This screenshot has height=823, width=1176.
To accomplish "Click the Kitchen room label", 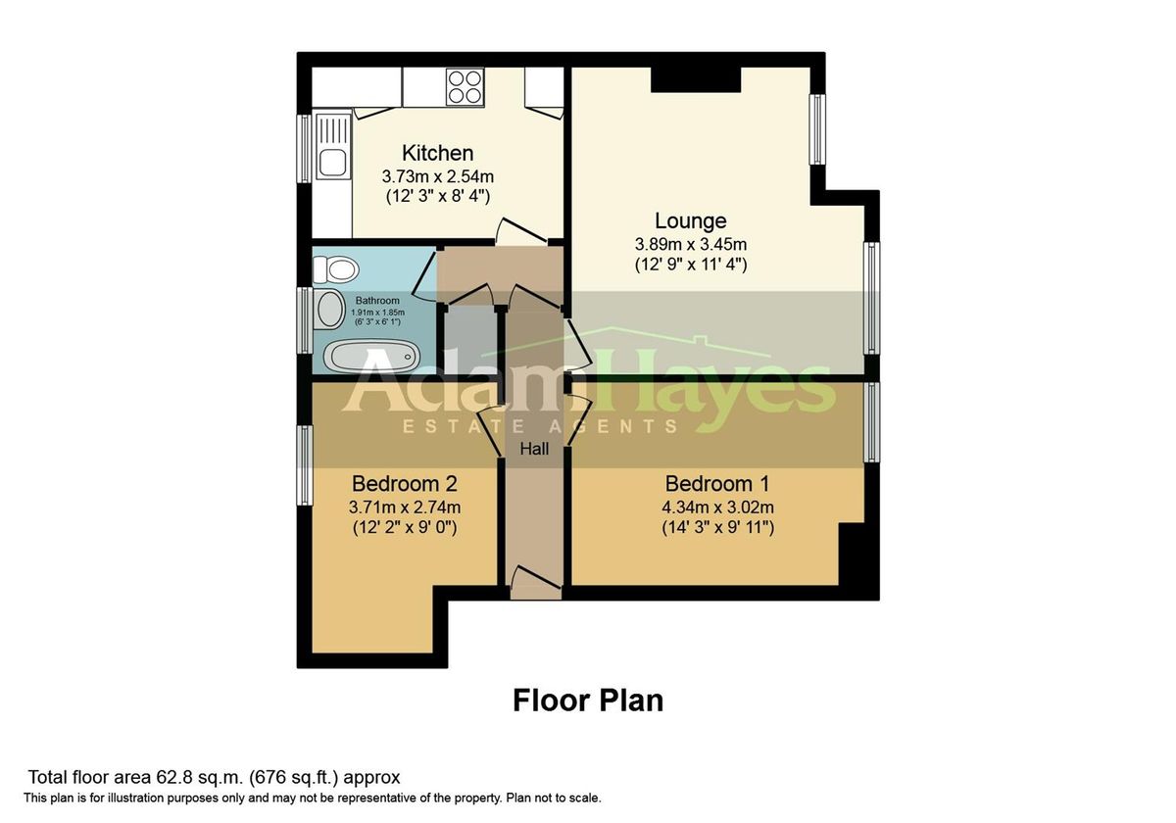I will [437, 153].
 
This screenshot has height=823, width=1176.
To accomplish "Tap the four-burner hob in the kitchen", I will [465, 86].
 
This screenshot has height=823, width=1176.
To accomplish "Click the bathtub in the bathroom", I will [371, 356].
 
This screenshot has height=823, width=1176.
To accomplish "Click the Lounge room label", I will [691, 220].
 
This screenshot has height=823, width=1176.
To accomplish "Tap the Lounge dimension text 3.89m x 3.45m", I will [691, 243].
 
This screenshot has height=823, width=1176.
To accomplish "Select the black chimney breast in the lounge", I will [696, 79].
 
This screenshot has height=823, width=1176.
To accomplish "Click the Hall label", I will [534, 450].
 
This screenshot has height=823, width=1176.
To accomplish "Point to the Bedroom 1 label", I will [716, 484].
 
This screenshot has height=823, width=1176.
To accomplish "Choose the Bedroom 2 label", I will [404, 484].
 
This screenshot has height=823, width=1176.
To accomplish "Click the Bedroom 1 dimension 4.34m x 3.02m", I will [716, 508].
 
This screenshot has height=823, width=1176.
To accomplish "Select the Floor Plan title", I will [588, 701].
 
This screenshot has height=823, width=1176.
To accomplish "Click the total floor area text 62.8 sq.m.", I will [214, 778].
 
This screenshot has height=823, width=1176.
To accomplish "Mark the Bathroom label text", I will [376, 301].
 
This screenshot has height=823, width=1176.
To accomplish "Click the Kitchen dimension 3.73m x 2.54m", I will [437, 176].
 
